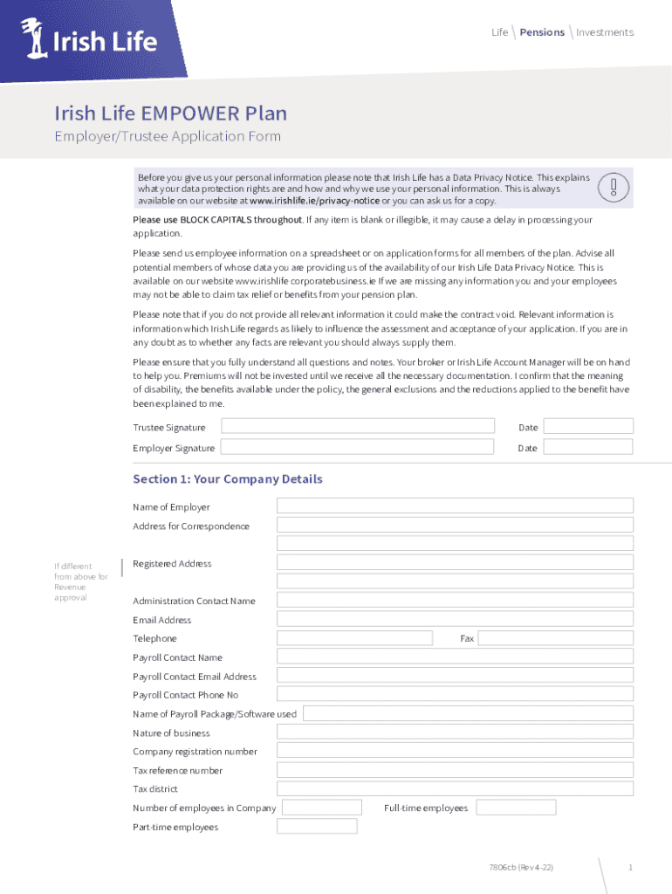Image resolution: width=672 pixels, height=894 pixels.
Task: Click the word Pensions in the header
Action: click(x=542, y=32)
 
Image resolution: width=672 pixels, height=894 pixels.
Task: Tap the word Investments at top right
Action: click(x=605, y=32)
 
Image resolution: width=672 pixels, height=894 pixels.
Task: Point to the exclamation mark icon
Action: click(x=614, y=188)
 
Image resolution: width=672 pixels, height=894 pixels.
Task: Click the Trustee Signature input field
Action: click(x=358, y=426)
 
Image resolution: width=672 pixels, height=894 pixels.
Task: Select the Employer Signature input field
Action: click(x=358, y=447)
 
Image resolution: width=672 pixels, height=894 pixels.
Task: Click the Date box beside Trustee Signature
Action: click(x=589, y=426)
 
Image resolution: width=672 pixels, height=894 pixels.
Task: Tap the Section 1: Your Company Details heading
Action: click(x=228, y=479)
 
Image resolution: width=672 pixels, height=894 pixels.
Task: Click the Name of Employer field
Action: click(x=455, y=505)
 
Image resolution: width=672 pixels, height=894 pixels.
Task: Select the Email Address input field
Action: click(x=455, y=619)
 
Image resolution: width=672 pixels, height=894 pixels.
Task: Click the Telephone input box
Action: click(x=354, y=638)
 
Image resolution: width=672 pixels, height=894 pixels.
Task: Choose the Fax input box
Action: click(x=556, y=638)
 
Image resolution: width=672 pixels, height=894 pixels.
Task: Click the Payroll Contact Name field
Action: click(x=455, y=657)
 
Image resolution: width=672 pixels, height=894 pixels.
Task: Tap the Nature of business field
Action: click(x=455, y=732)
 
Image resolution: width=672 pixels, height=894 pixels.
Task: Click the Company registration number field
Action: click(x=455, y=751)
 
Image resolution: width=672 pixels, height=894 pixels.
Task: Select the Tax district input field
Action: click(x=455, y=788)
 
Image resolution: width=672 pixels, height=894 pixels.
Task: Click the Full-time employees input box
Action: click(x=516, y=808)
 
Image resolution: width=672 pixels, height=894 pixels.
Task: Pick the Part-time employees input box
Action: click(x=318, y=826)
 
